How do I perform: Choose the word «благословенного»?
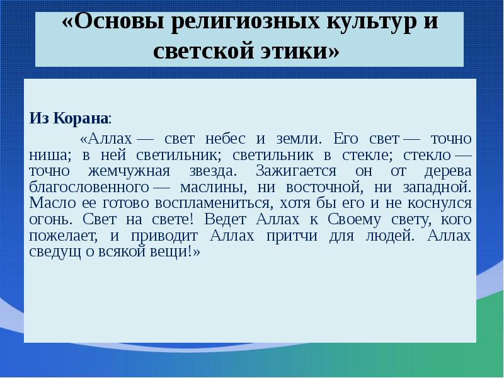click(x=88, y=187)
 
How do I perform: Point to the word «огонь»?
click(x=48, y=219)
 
